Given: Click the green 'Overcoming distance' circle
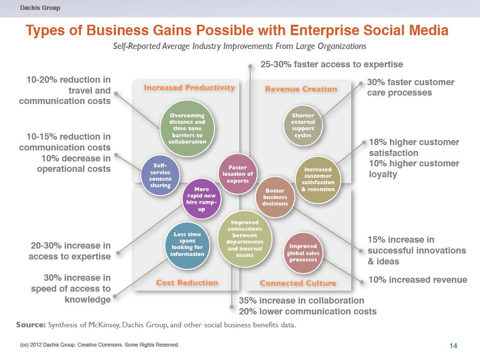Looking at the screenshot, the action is pyautogui.click(x=187, y=128).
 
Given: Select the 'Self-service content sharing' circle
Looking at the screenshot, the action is pyautogui.click(x=160, y=175).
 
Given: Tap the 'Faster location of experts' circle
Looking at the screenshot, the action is pyautogui.click(x=238, y=174).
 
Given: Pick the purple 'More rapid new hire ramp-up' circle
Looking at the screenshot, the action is pyautogui.click(x=202, y=199).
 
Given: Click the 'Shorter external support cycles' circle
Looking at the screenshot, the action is pyautogui.click(x=303, y=125).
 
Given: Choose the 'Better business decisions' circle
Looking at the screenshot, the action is pyautogui.click(x=275, y=197).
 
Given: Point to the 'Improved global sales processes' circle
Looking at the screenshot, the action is pyautogui.click(x=303, y=253).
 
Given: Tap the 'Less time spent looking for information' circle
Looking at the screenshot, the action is pyautogui.click(x=187, y=246).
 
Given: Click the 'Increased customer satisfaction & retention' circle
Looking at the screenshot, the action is pyautogui.click(x=318, y=180).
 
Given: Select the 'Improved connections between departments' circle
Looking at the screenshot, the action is pyautogui.click(x=245, y=239).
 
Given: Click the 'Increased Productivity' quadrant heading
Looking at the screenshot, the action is pyautogui.click(x=190, y=88).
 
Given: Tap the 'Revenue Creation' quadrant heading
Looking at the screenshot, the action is pyautogui.click(x=301, y=89).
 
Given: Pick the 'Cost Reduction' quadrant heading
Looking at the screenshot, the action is pyautogui.click(x=187, y=283).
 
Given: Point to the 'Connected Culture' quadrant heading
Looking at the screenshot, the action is pyautogui.click(x=298, y=283).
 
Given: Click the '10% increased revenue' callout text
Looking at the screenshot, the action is pyautogui.click(x=418, y=280).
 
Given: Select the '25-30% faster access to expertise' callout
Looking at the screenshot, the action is pyautogui.click(x=332, y=64).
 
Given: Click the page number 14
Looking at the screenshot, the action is pyautogui.click(x=453, y=346).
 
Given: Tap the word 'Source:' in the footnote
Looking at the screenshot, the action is pyautogui.click(x=31, y=325).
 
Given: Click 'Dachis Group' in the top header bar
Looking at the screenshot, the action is pyautogui.click(x=40, y=7).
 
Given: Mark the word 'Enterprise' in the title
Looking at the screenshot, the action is pyautogui.click(x=324, y=31).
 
